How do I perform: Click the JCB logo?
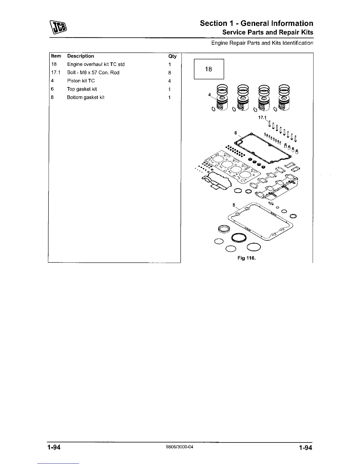59,27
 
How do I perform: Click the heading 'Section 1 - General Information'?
256,23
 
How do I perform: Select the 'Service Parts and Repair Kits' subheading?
267,32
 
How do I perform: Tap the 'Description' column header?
81,56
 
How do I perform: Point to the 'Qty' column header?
172,56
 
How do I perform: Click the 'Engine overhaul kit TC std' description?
96,64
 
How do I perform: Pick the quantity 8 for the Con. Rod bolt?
170,73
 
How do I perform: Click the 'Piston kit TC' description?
81,81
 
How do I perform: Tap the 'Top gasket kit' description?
82,89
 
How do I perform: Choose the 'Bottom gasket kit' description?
86,97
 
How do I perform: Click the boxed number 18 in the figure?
209,69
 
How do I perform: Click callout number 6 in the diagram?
236,133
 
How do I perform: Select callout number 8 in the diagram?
234,205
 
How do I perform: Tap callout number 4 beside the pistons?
209,95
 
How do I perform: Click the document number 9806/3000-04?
180,447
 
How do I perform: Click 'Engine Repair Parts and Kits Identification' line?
262,43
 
